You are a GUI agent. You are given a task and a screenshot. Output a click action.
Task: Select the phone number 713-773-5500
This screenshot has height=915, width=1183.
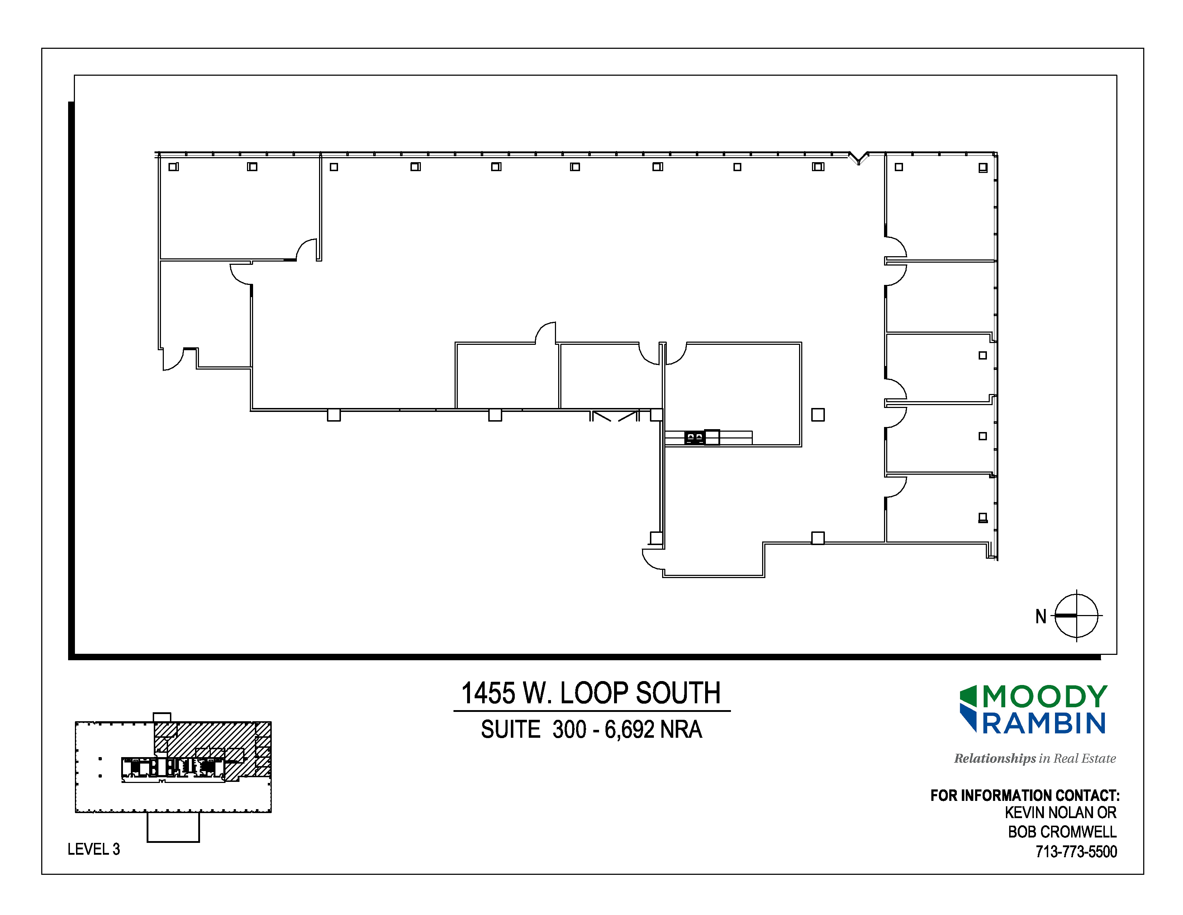[1076, 851]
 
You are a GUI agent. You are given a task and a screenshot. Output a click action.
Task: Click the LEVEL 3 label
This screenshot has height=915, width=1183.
[94, 849]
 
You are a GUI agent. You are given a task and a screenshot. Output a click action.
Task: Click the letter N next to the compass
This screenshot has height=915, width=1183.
[1041, 616]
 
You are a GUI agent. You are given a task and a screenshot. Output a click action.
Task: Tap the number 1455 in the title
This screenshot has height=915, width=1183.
[488, 693]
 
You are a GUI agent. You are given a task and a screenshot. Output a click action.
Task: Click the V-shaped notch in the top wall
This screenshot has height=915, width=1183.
[859, 158]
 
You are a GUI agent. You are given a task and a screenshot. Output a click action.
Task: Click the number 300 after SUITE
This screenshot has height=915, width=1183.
[569, 729]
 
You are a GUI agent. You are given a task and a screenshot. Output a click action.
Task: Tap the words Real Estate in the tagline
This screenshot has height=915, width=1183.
[1085, 758]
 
